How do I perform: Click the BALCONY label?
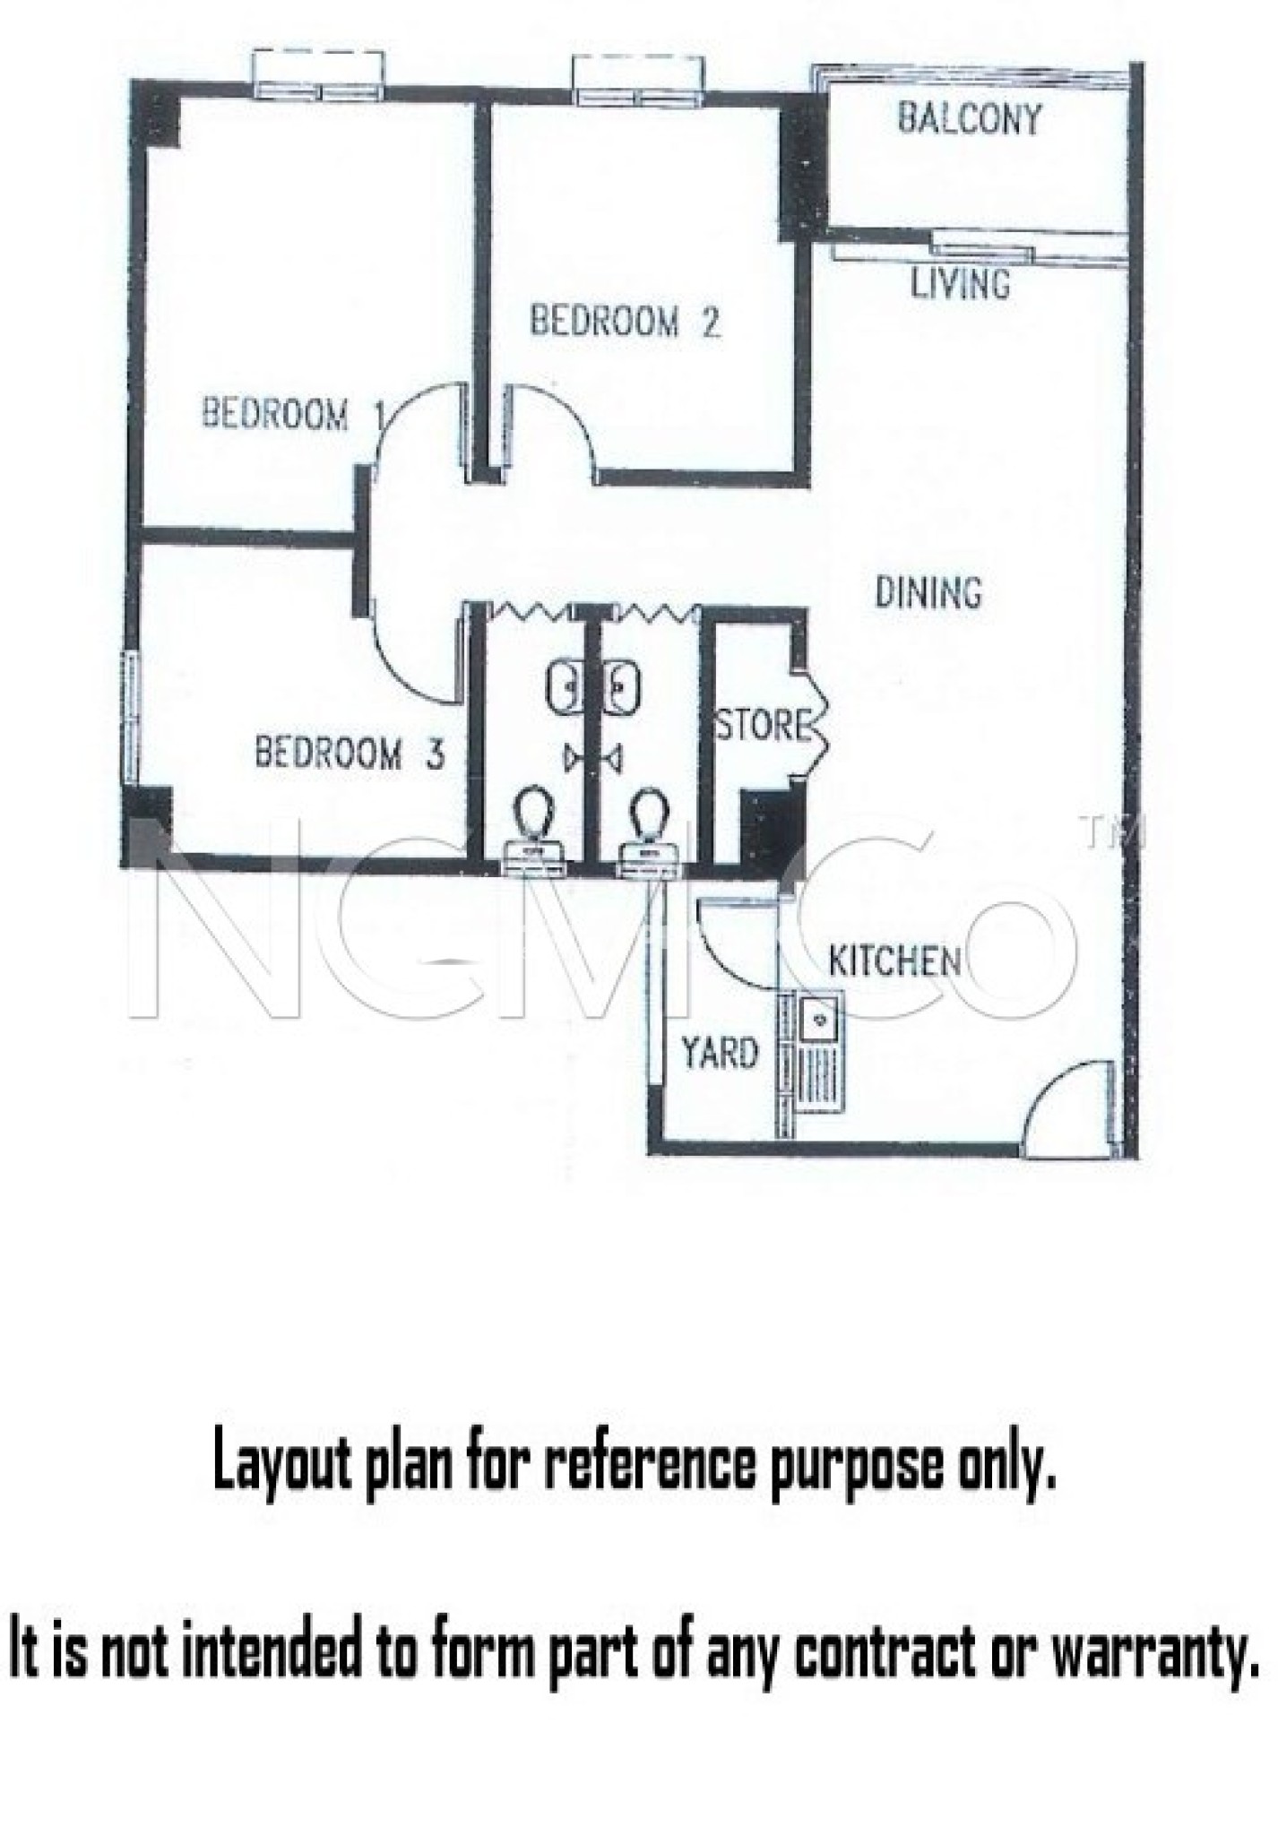(x=969, y=118)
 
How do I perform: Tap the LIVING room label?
(x=960, y=284)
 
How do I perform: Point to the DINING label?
(x=928, y=592)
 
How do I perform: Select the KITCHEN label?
(x=894, y=961)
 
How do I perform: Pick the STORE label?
(x=764, y=725)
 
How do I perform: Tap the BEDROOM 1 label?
(x=292, y=414)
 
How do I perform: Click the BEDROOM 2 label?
(x=625, y=321)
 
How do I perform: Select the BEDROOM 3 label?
(x=350, y=753)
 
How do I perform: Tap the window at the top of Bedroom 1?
(x=318, y=76)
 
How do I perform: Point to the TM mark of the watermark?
(x=1113, y=832)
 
